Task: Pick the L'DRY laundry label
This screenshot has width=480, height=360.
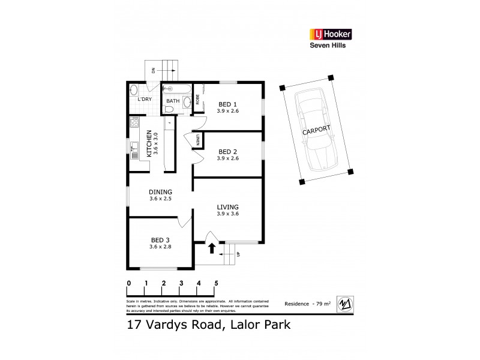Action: coord(145,99)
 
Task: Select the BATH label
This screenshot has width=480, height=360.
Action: coord(173,101)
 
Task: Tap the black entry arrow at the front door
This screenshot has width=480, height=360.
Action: coord(211,247)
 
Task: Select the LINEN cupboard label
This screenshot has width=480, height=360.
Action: coord(197,142)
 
